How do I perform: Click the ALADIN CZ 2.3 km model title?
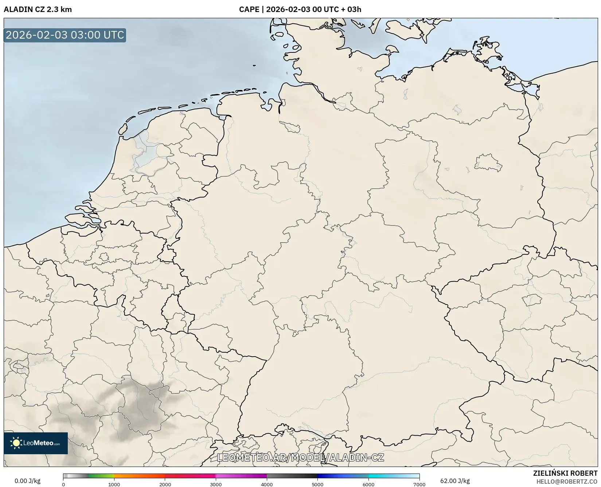point(38,9)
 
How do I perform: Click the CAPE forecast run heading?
point(300,9)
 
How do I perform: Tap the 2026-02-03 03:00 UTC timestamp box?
point(65,35)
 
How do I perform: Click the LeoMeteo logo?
point(36,443)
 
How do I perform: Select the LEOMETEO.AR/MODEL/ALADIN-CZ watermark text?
point(300,457)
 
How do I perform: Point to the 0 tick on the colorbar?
point(63,484)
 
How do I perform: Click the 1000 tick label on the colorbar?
point(114,484)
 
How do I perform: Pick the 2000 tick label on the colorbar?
point(165,484)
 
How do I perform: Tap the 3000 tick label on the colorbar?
point(216,484)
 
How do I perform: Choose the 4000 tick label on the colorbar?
point(267,484)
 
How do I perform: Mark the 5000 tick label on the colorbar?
point(317,484)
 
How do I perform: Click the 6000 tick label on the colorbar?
point(368,484)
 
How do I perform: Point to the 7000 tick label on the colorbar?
point(419,484)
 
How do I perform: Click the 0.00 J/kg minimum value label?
point(27,481)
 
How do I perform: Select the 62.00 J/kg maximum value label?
point(455,481)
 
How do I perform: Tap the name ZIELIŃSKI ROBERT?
point(565,474)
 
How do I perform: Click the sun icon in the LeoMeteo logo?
point(16,443)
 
